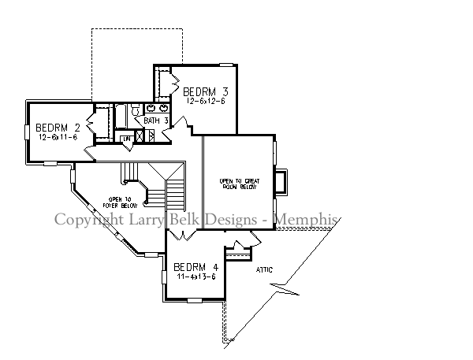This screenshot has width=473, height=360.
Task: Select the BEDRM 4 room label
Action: pyautogui.click(x=194, y=266)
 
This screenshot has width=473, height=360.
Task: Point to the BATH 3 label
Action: pyautogui.click(x=156, y=121)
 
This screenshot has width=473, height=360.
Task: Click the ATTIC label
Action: pyautogui.click(x=265, y=270)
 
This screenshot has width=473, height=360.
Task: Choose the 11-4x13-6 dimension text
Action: pyautogui.click(x=194, y=276)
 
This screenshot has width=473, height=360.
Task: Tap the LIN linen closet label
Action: pyautogui.click(x=125, y=139)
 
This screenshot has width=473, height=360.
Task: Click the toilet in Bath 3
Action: pyautogui.click(x=135, y=110)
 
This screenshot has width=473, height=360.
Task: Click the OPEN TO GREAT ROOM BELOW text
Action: pyautogui.click(x=237, y=185)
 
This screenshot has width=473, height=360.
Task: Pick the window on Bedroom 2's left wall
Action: pyautogui.click(x=28, y=130)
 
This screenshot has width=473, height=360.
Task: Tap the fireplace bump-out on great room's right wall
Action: pyautogui.click(x=281, y=181)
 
